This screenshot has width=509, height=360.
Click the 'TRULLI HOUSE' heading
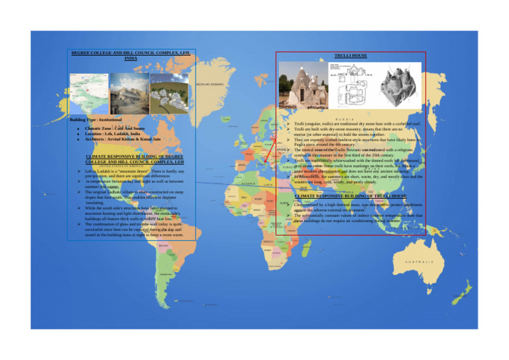coord(349,56)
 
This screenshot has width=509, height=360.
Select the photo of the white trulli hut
coord(303,85)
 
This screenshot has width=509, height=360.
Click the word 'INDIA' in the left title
coord(131,58)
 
